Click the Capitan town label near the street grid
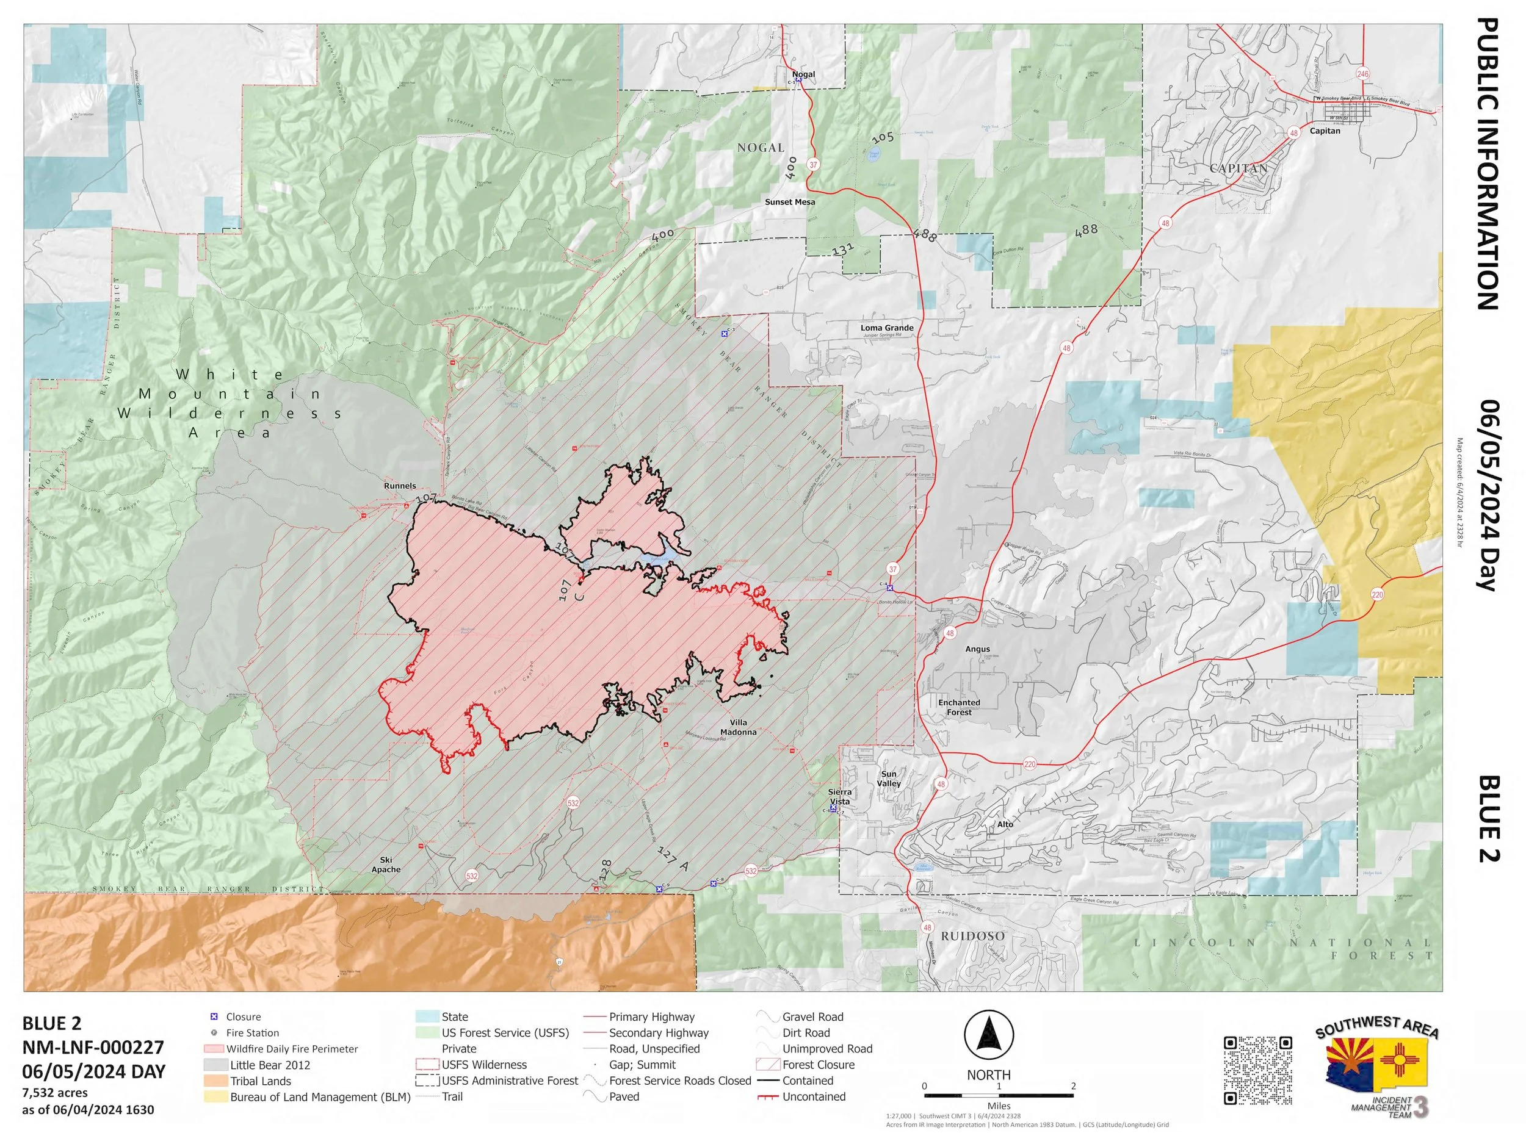[1325, 131]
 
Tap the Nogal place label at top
[803, 74]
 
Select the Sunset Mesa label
[789, 202]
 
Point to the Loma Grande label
[886, 328]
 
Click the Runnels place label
[399, 486]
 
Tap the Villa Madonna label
[738, 727]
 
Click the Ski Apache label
[386, 865]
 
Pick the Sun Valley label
[889, 779]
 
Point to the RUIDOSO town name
[973, 936]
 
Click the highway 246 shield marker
[1362, 74]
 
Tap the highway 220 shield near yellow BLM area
[1377, 594]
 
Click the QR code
[1257, 1070]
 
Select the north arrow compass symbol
[989, 1036]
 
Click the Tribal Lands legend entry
[260, 1081]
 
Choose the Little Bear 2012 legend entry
[270, 1065]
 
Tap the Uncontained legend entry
[814, 1097]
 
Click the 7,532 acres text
[55, 1093]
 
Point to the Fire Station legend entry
[252, 1033]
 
